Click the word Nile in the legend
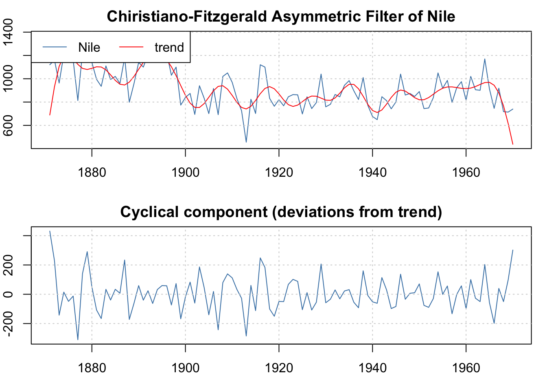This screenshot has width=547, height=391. point(89,48)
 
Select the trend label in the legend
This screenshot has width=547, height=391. point(169,48)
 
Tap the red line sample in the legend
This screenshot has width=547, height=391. point(131,47)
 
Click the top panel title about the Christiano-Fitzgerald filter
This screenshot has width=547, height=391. point(281,17)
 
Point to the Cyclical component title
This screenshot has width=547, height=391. point(281,212)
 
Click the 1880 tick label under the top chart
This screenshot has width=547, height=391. point(92,172)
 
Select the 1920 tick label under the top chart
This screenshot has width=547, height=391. point(279,172)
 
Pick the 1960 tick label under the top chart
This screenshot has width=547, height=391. point(466,172)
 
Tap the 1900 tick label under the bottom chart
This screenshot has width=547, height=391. point(186,368)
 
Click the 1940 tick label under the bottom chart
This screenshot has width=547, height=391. point(372,368)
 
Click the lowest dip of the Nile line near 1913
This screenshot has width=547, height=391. point(246,142)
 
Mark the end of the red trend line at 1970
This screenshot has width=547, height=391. point(513,144)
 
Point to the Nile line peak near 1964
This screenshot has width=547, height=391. point(485,59)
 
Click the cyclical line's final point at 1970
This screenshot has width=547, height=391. point(513,250)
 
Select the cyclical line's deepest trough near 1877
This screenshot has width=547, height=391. point(78,340)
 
